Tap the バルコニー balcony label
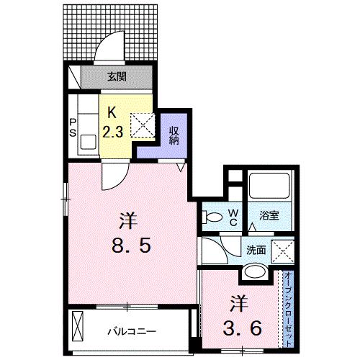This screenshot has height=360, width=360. coord(133,333)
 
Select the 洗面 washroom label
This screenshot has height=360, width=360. coord(256,250)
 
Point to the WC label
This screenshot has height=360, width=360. coord(233,217)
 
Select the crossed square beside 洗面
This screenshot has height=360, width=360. coord(281,251)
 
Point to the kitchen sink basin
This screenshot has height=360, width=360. coord(91,140)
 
